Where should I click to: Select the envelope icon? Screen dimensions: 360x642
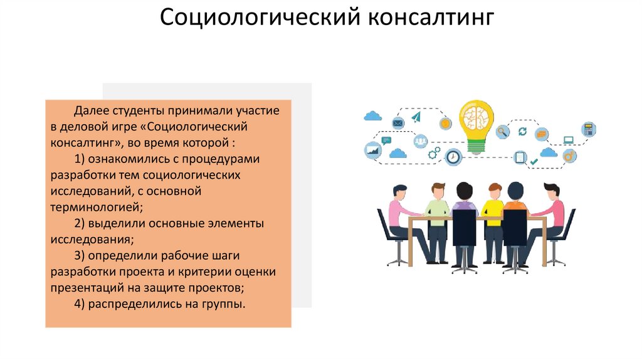(x=397, y=123)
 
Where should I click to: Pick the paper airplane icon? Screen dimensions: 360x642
(x=416, y=117)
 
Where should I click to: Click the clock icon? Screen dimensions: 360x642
(x=453, y=157)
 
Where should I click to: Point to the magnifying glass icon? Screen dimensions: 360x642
(x=502, y=132)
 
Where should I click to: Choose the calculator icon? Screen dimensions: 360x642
(x=588, y=130)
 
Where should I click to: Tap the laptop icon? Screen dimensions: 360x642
(x=569, y=140)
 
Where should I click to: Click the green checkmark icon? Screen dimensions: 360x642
(x=534, y=162)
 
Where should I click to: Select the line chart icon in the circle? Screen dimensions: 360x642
(x=374, y=151)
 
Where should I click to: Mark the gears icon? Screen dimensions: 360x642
(x=434, y=152)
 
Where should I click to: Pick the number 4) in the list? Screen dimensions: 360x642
(x=80, y=304)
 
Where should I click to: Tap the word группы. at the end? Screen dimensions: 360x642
(x=223, y=304)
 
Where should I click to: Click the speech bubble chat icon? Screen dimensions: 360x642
(x=386, y=140)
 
